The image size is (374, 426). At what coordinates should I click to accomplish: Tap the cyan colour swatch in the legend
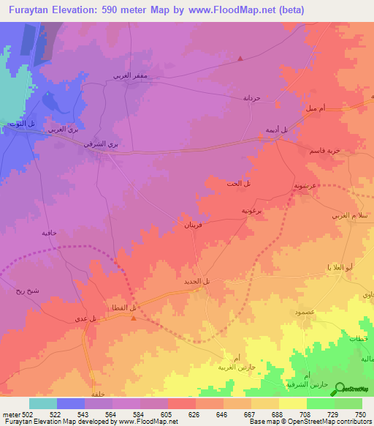[x=43, y=403]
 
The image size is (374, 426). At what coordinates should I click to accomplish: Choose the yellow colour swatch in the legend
[x=292, y=403]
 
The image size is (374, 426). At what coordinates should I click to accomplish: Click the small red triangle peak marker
[x=241, y=58]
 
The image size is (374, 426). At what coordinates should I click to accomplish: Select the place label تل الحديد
[x=197, y=281]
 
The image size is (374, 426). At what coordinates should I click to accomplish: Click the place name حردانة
[x=251, y=97]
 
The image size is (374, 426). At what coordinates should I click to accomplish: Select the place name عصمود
[x=304, y=313]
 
